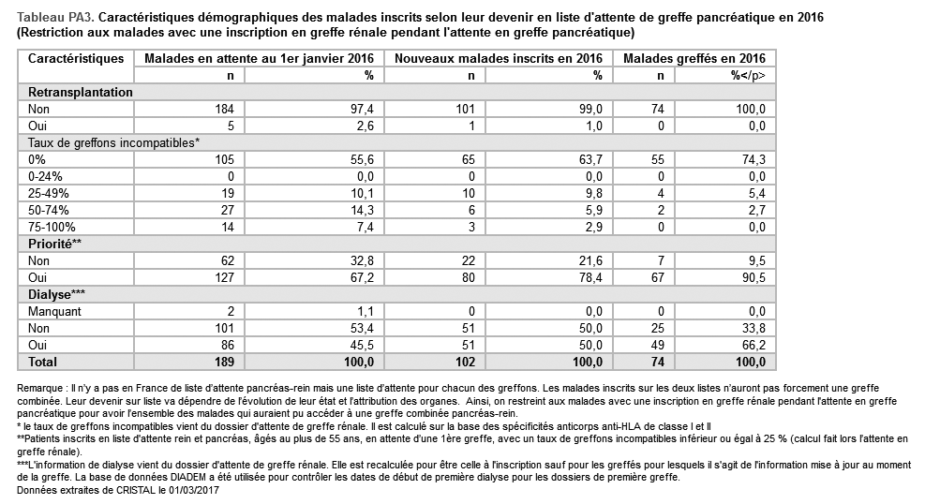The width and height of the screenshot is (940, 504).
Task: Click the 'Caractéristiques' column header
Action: coord(76,59)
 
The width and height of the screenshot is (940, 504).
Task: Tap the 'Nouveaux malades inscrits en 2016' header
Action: coord(498,59)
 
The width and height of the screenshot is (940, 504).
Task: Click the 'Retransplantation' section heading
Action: coord(81,93)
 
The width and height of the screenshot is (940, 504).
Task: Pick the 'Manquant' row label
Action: coord(55,311)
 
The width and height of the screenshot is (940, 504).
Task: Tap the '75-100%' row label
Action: coord(49,227)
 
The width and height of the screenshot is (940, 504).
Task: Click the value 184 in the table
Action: coord(223,110)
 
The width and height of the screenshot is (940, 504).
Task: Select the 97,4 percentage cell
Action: coord(362,110)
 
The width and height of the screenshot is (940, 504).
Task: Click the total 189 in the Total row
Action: coord(222,362)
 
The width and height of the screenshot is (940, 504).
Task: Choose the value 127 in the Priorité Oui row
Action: coord(223,277)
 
